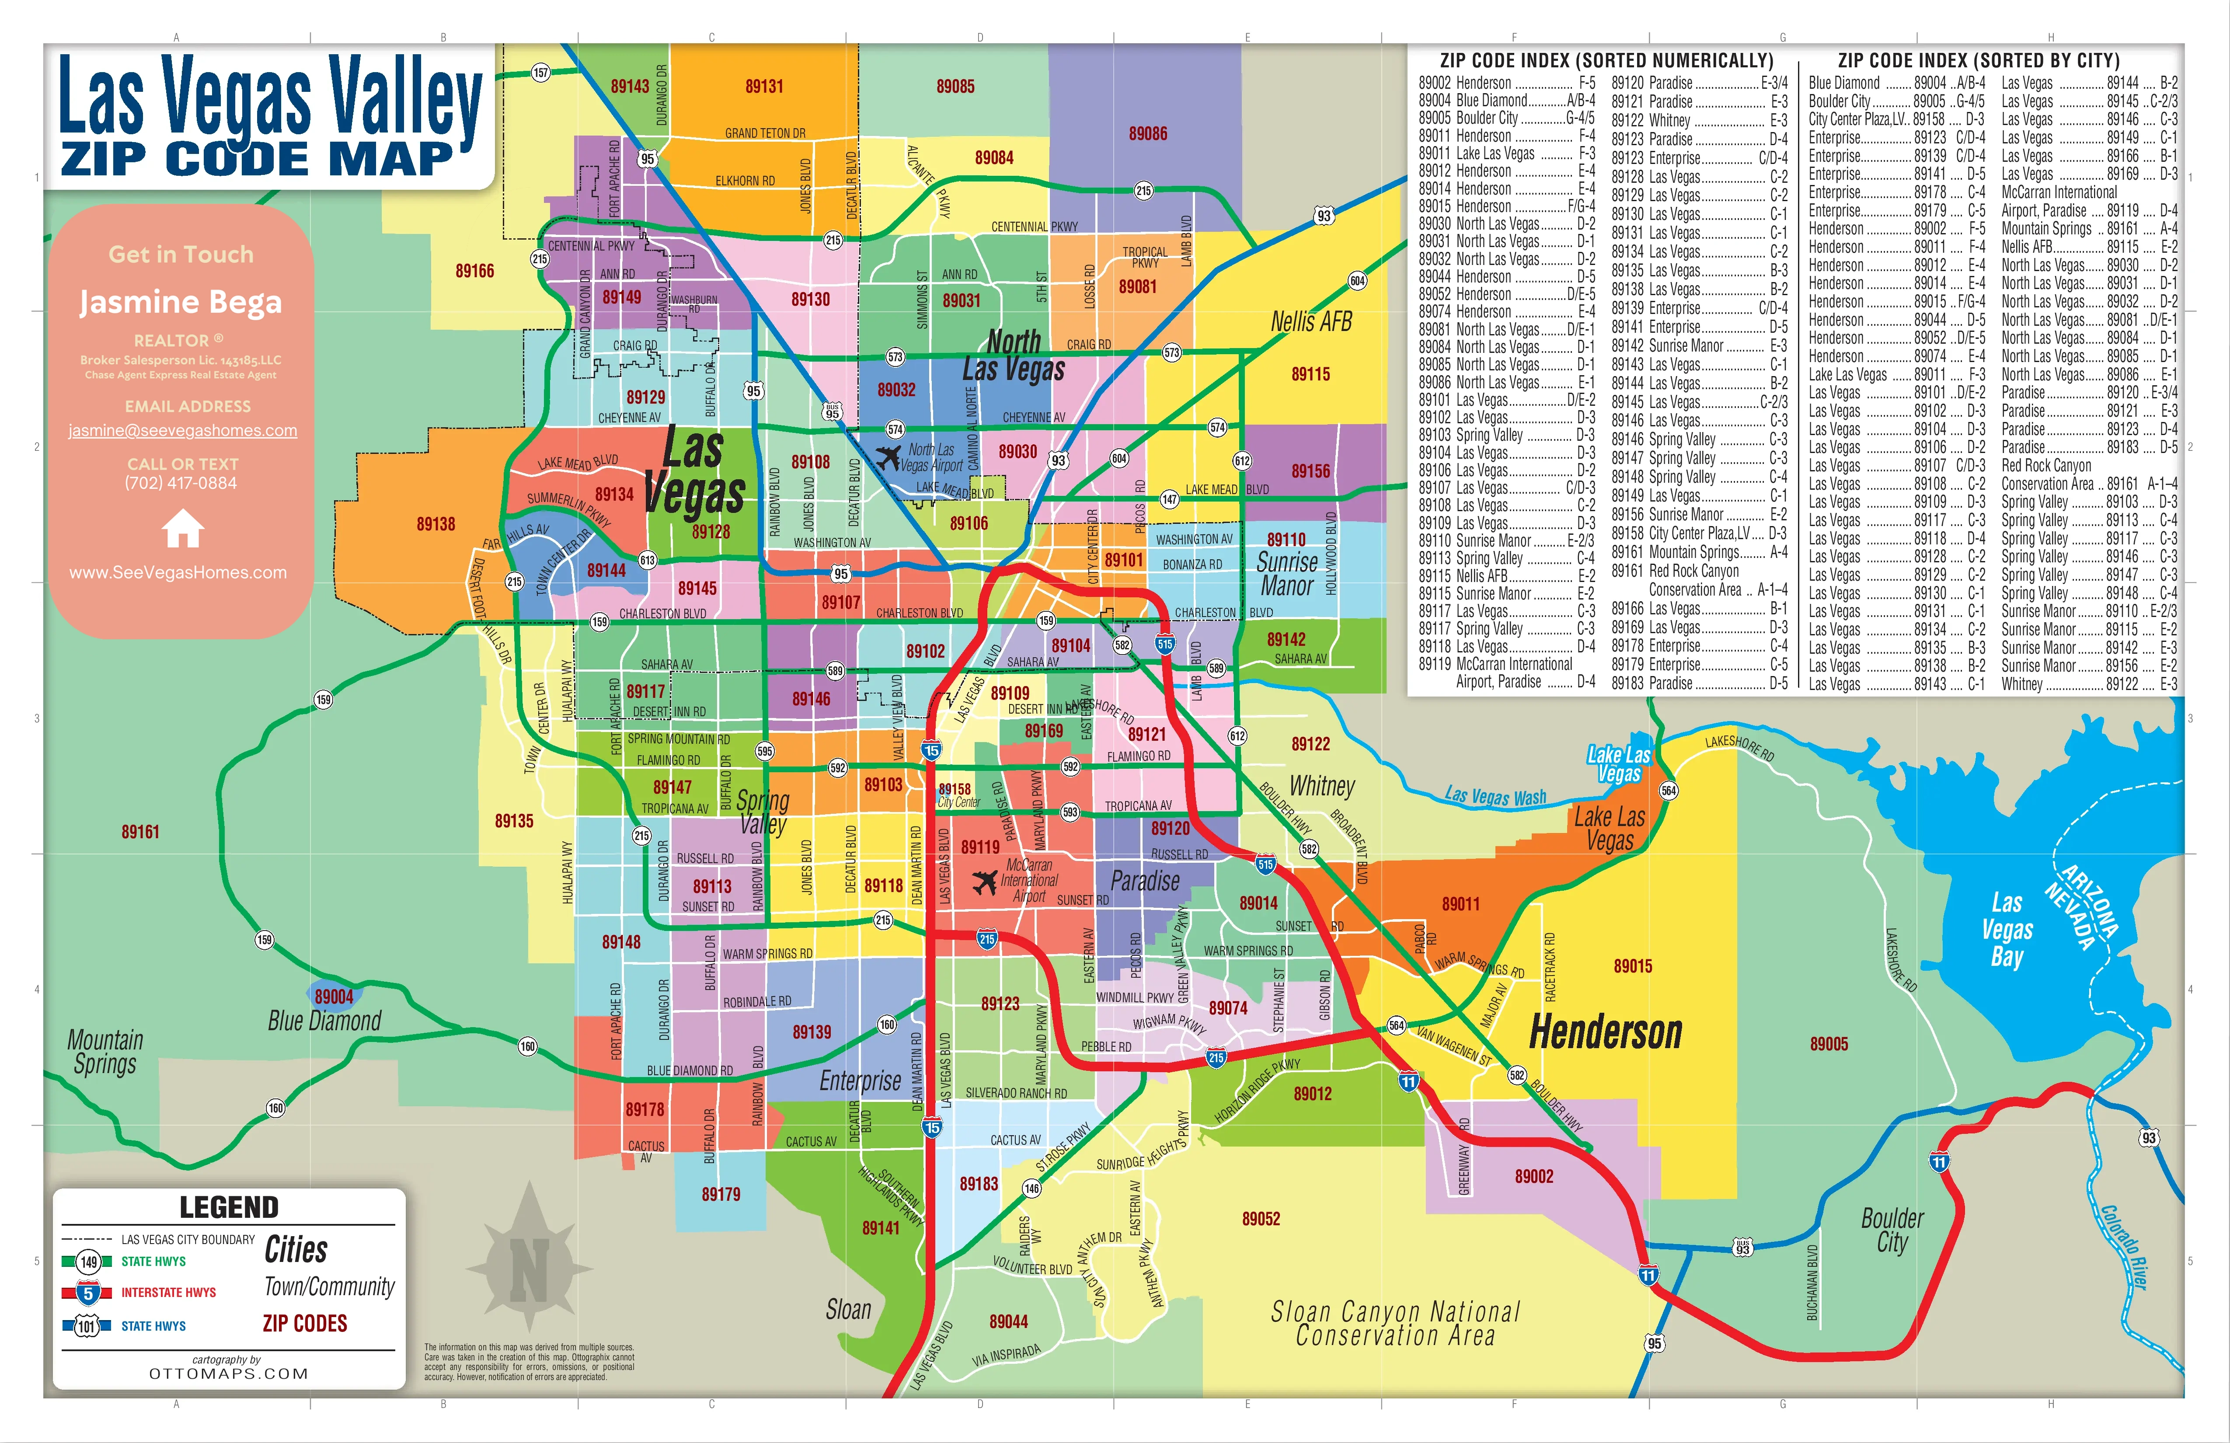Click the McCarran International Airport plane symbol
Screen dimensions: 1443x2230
coord(985,882)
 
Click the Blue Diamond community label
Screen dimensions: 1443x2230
coord(324,1021)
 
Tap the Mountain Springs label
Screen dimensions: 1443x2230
coord(105,1051)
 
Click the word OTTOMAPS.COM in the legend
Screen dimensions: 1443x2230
coord(229,1373)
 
